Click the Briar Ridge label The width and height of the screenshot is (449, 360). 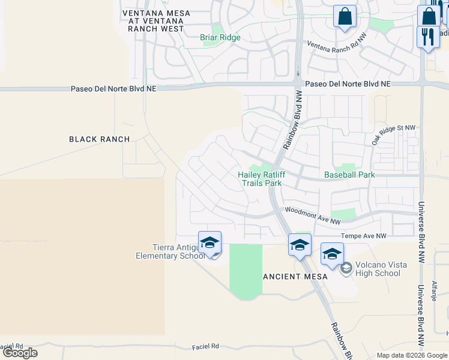[220, 37]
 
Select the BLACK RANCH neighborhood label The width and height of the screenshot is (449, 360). [100, 139]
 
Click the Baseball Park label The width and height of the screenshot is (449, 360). [349, 175]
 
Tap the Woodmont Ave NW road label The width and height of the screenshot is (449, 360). [308, 215]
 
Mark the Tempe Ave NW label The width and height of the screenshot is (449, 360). [364, 236]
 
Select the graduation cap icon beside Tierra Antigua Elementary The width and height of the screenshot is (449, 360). [210, 243]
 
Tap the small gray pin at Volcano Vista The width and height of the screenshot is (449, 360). [346, 268]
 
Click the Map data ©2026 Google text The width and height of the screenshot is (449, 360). [411, 355]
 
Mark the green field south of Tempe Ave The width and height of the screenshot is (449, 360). [246, 271]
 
